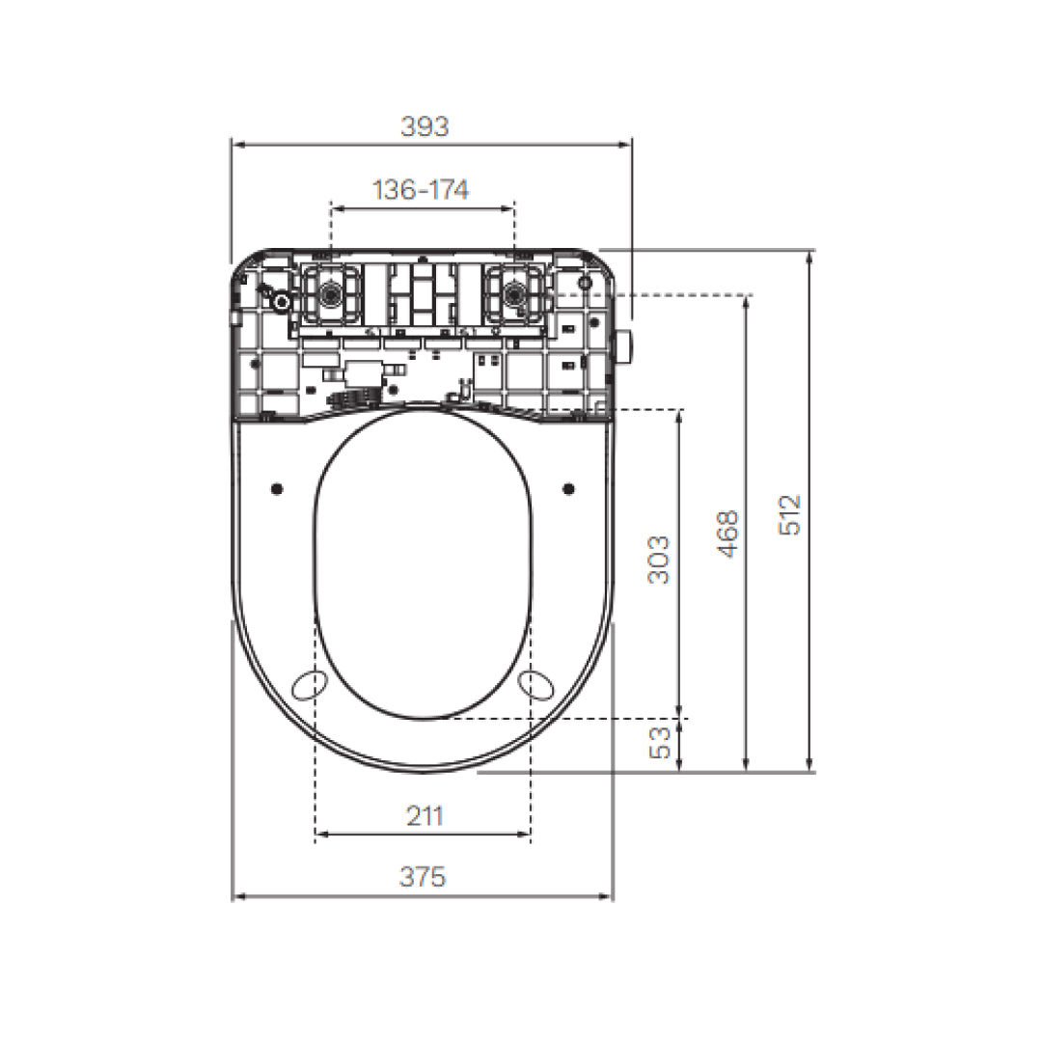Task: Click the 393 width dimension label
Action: (x=425, y=126)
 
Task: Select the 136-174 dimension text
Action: (x=421, y=190)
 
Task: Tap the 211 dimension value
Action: (x=424, y=816)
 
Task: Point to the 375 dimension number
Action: (x=423, y=877)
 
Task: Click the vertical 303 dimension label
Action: (x=659, y=560)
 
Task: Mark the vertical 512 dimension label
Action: (x=790, y=515)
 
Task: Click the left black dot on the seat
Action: (x=277, y=488)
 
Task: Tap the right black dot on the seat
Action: (x=568, y=488)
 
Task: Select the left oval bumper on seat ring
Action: (x=310, y=684)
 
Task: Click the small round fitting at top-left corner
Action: (x=281, y=302)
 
